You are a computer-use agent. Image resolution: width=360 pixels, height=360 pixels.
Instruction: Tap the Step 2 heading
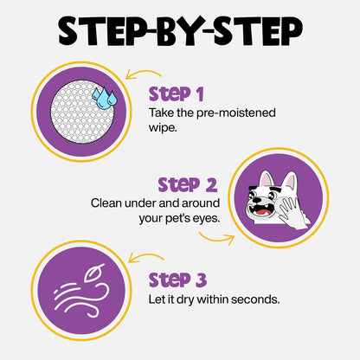[187, 184]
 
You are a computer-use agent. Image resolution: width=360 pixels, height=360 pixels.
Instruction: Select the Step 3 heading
[178, 280]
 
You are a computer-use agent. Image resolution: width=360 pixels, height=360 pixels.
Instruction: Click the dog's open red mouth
[261, 208]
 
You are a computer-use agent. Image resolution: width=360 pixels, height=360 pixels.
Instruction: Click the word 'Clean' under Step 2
[108, 203]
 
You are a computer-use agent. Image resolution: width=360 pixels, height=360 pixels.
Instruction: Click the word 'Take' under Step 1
[162, 111]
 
